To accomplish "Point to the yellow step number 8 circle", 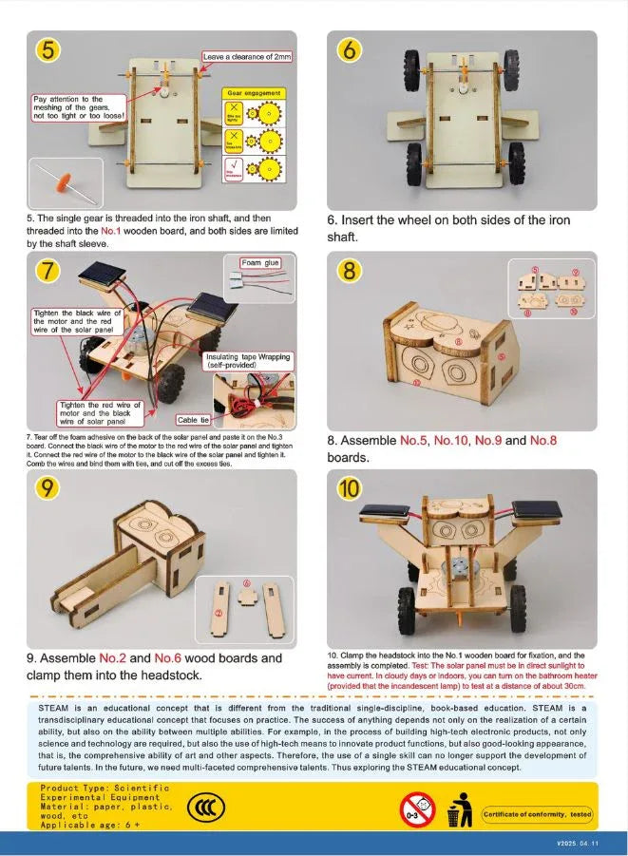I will [350, 271].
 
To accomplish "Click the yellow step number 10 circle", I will [350, 489].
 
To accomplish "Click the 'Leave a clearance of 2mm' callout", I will [248, 57].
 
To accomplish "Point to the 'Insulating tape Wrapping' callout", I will [249, 360].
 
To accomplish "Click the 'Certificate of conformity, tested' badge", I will [538, 814].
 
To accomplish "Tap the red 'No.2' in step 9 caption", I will [113, 657].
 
